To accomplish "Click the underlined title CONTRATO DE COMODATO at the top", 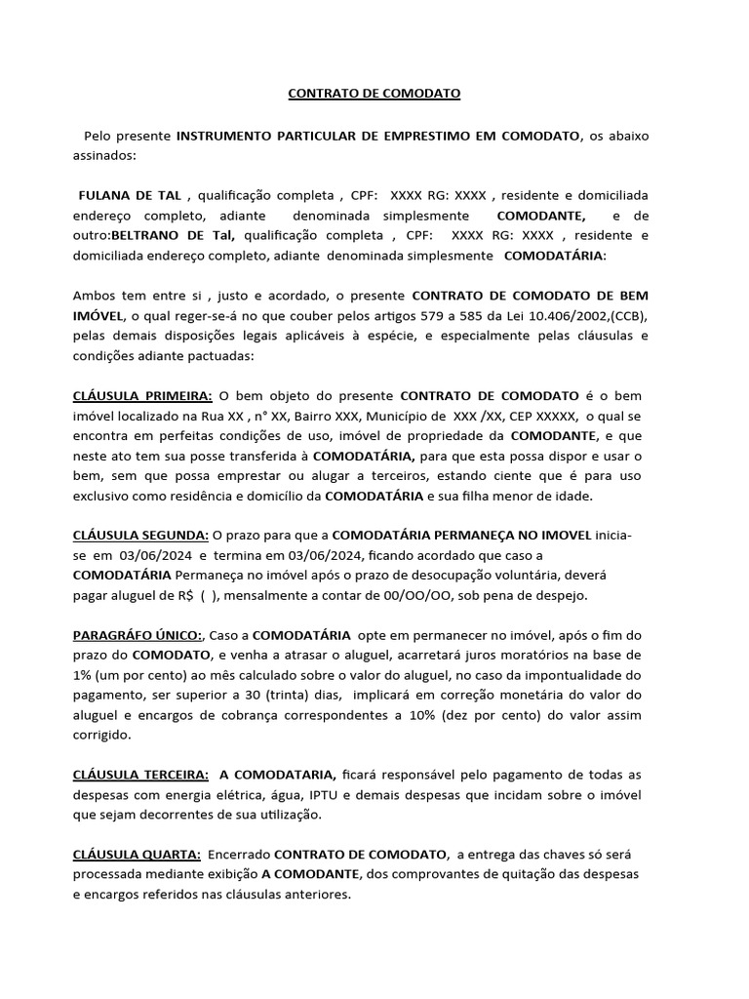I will (374, 94).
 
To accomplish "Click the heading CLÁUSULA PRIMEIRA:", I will (142, 396).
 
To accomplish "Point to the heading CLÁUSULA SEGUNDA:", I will (140, 536).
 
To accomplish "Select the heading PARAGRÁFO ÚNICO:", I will (138, 634).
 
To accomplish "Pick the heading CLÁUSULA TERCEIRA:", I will (140, 775).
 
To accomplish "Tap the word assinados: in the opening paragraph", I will (105, 154).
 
